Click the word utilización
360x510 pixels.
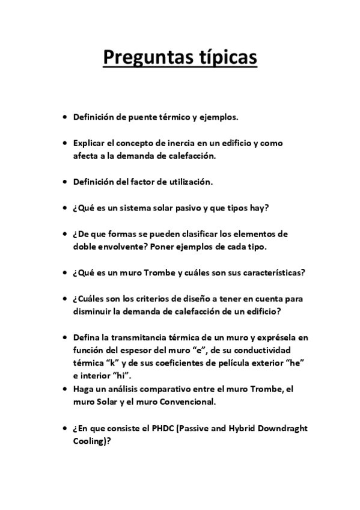(x=189, y=181)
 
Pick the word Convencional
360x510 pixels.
(x=185, y=401)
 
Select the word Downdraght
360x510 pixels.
(x=284, y=428)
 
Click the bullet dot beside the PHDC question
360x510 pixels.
(x=65, y=428)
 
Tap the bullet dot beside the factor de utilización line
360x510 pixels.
(x=65, y=181)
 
